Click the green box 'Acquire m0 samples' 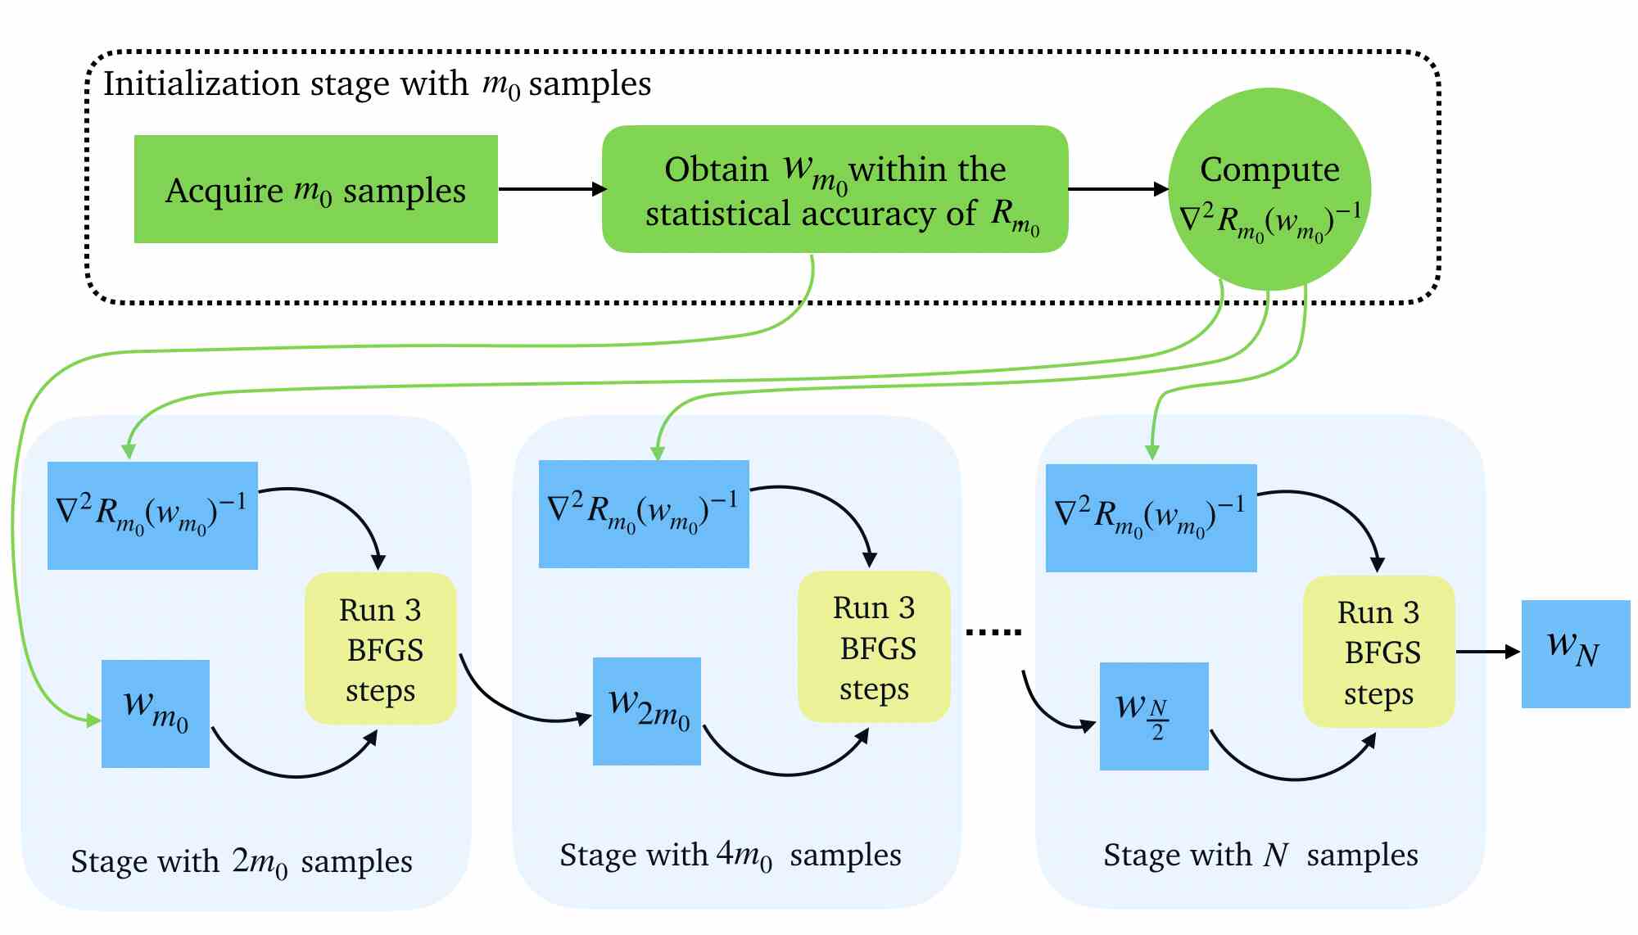316,189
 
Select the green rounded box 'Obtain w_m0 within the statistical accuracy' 835,189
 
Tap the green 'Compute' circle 1269,189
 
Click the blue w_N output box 1576,653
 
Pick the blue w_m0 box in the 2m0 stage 156,713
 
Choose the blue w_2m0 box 647,711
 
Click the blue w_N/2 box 1154,716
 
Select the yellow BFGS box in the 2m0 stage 381,648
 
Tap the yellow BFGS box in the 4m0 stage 874,647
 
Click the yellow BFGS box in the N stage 1379,652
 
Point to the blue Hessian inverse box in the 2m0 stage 152,515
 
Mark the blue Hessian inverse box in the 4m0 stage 644,513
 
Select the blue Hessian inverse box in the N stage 1152,517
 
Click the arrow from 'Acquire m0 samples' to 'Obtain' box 553,189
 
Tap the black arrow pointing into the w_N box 1488,652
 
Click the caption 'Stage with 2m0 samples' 242,862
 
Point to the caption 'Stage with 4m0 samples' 731,856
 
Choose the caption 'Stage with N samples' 1260,856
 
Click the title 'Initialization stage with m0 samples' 377,84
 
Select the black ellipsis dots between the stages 994,632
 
